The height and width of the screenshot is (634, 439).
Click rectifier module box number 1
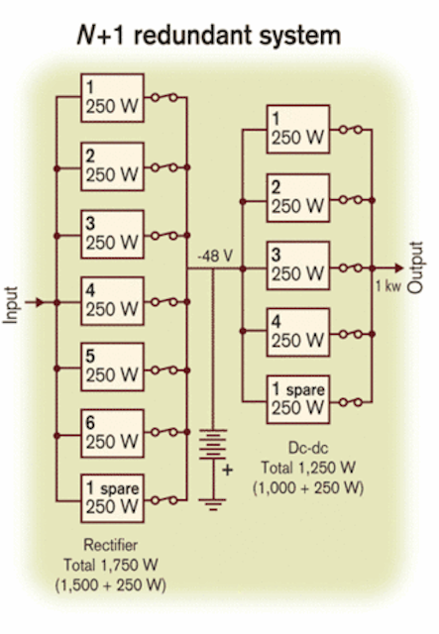pyautogui.click(x=113, y=98)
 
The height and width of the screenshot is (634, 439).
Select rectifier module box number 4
pyautogui.click(x=113, y=301)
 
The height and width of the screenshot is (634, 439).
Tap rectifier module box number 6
pyautogui.click(x=113, y=434)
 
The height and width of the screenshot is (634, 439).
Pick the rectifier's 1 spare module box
pyautogui.click(x=113, y=498)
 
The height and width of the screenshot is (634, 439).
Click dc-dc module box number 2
pyautogui.click(x=298, y=198)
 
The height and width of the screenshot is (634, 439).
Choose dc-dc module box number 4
pyautogui.click(x=298, y=333)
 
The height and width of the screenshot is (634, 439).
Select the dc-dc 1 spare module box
pyautogui.click(x=298, y=400)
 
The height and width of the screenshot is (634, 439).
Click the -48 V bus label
pyautogui.click(x=215, y=257)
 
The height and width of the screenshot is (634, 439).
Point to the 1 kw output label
pyautogui.click(x=388, y=286)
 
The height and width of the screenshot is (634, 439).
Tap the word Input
pyautogui.click(x=11, y=305)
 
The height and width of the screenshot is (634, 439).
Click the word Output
pyautogui.click(x=415, y=267)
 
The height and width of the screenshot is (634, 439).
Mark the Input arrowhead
pyautogui.click(x=40, y=302)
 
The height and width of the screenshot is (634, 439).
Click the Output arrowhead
pyautogui.click(x=399, y=267)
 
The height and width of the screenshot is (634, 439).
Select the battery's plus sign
pyautogui.click(x=227, y=470)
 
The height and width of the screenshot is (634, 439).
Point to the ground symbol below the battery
pyautogui.click(x=213, y=504)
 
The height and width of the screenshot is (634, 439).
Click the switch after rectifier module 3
pyautogui.click(x=165, y=236)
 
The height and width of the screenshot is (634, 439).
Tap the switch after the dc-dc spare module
pyautogui.click(x=351, y=402)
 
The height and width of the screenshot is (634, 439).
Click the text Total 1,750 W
pyautogui.click(x=110, y=565)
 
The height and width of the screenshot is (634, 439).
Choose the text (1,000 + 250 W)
pyautogui.click(x=308, y=488)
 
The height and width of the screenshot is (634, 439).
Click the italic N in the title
pyautogui.click(x=86, y=36)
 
